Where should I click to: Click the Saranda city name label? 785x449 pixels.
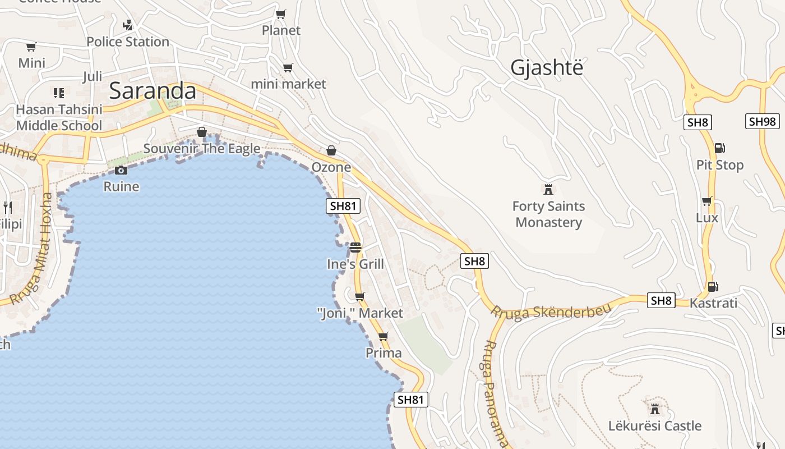153,91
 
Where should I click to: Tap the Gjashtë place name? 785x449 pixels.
547,68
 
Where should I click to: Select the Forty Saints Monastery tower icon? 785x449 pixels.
548,189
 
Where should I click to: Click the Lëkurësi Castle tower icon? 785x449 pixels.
654,409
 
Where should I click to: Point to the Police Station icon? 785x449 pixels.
128,25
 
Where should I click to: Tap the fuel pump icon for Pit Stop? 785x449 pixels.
719,148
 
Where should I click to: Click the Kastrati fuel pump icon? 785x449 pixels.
713,286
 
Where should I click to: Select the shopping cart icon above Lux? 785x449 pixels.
706,201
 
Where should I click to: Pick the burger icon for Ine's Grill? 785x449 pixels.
355,247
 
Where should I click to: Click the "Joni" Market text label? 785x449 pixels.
360,313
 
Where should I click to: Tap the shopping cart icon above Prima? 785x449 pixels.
384,336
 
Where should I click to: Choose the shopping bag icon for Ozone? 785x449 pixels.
331,150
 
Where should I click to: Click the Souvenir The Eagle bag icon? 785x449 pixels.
202,132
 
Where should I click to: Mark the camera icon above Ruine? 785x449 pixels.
121,170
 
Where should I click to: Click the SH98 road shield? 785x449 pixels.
762,121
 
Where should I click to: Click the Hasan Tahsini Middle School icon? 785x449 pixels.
59,93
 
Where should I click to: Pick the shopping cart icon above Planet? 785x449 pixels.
281,14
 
